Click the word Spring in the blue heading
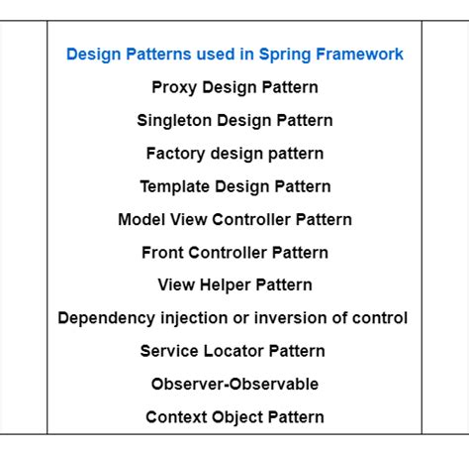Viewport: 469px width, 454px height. click(x=285, y=55)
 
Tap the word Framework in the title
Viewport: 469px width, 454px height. click(x=359, y=54)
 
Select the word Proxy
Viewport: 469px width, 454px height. click(x=174, y=88)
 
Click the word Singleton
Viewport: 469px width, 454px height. click(x=174, y=121)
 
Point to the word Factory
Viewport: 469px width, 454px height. click(x=175, y=154)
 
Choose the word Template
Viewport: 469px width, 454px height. click(x=174, y=187)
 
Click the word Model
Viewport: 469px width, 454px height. click(x=141, y=219)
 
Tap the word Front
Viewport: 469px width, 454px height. click(x=162, y=253)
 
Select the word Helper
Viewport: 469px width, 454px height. click(x=226, y=285)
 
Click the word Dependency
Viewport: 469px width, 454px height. click(x=107, y=318)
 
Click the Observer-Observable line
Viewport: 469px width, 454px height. click(x=234, y=384)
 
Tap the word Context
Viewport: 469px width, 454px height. click(x=176, y=417)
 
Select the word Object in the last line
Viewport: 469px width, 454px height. click(x=237, y=417)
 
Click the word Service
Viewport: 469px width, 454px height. click(x=169, y=351)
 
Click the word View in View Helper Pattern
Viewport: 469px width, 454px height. click(x=176, y=284)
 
